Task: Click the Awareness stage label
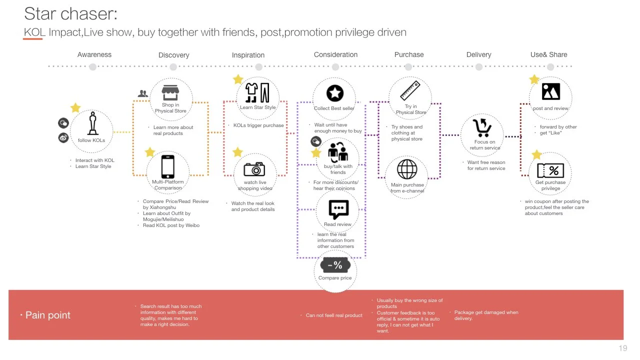point(94,54)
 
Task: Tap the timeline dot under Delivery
point(479,67)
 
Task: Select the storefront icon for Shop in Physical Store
point(170,92)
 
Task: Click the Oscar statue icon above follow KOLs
point(92,123)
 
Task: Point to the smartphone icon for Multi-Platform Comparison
point(167,166)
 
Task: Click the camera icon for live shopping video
point(254,169)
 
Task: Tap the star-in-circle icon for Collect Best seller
point(335,93)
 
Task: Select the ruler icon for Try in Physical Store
point(410,90)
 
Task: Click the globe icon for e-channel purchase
point(407,169)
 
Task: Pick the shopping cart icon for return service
point(482,127)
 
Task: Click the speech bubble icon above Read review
point(338,209)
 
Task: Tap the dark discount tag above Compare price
point(335,265)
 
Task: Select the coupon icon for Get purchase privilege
point(550,170)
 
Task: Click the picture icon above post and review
point(551,91)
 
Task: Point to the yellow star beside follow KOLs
point(75,107)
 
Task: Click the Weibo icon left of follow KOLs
point(63,138)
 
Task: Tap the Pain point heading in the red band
point(47,315)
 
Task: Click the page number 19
point(623,348)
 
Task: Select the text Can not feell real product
point(334,315)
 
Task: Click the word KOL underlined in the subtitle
point(34,32)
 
